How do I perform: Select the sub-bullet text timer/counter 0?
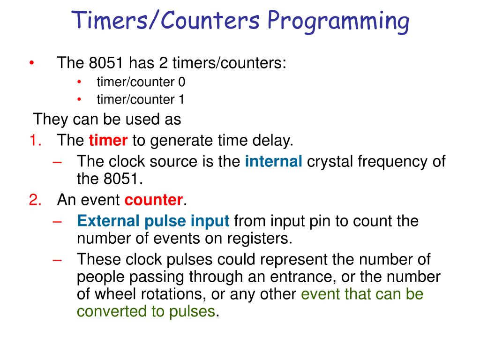point(141,82)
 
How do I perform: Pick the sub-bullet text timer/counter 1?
point(141,99)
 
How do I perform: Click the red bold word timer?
point(108,140)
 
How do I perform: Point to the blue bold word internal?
point(274,162)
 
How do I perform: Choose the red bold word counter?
point(154,200)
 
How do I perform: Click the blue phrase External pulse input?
point(153,221)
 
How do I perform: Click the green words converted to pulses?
point(146,312)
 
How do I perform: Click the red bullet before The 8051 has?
point(31,63)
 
